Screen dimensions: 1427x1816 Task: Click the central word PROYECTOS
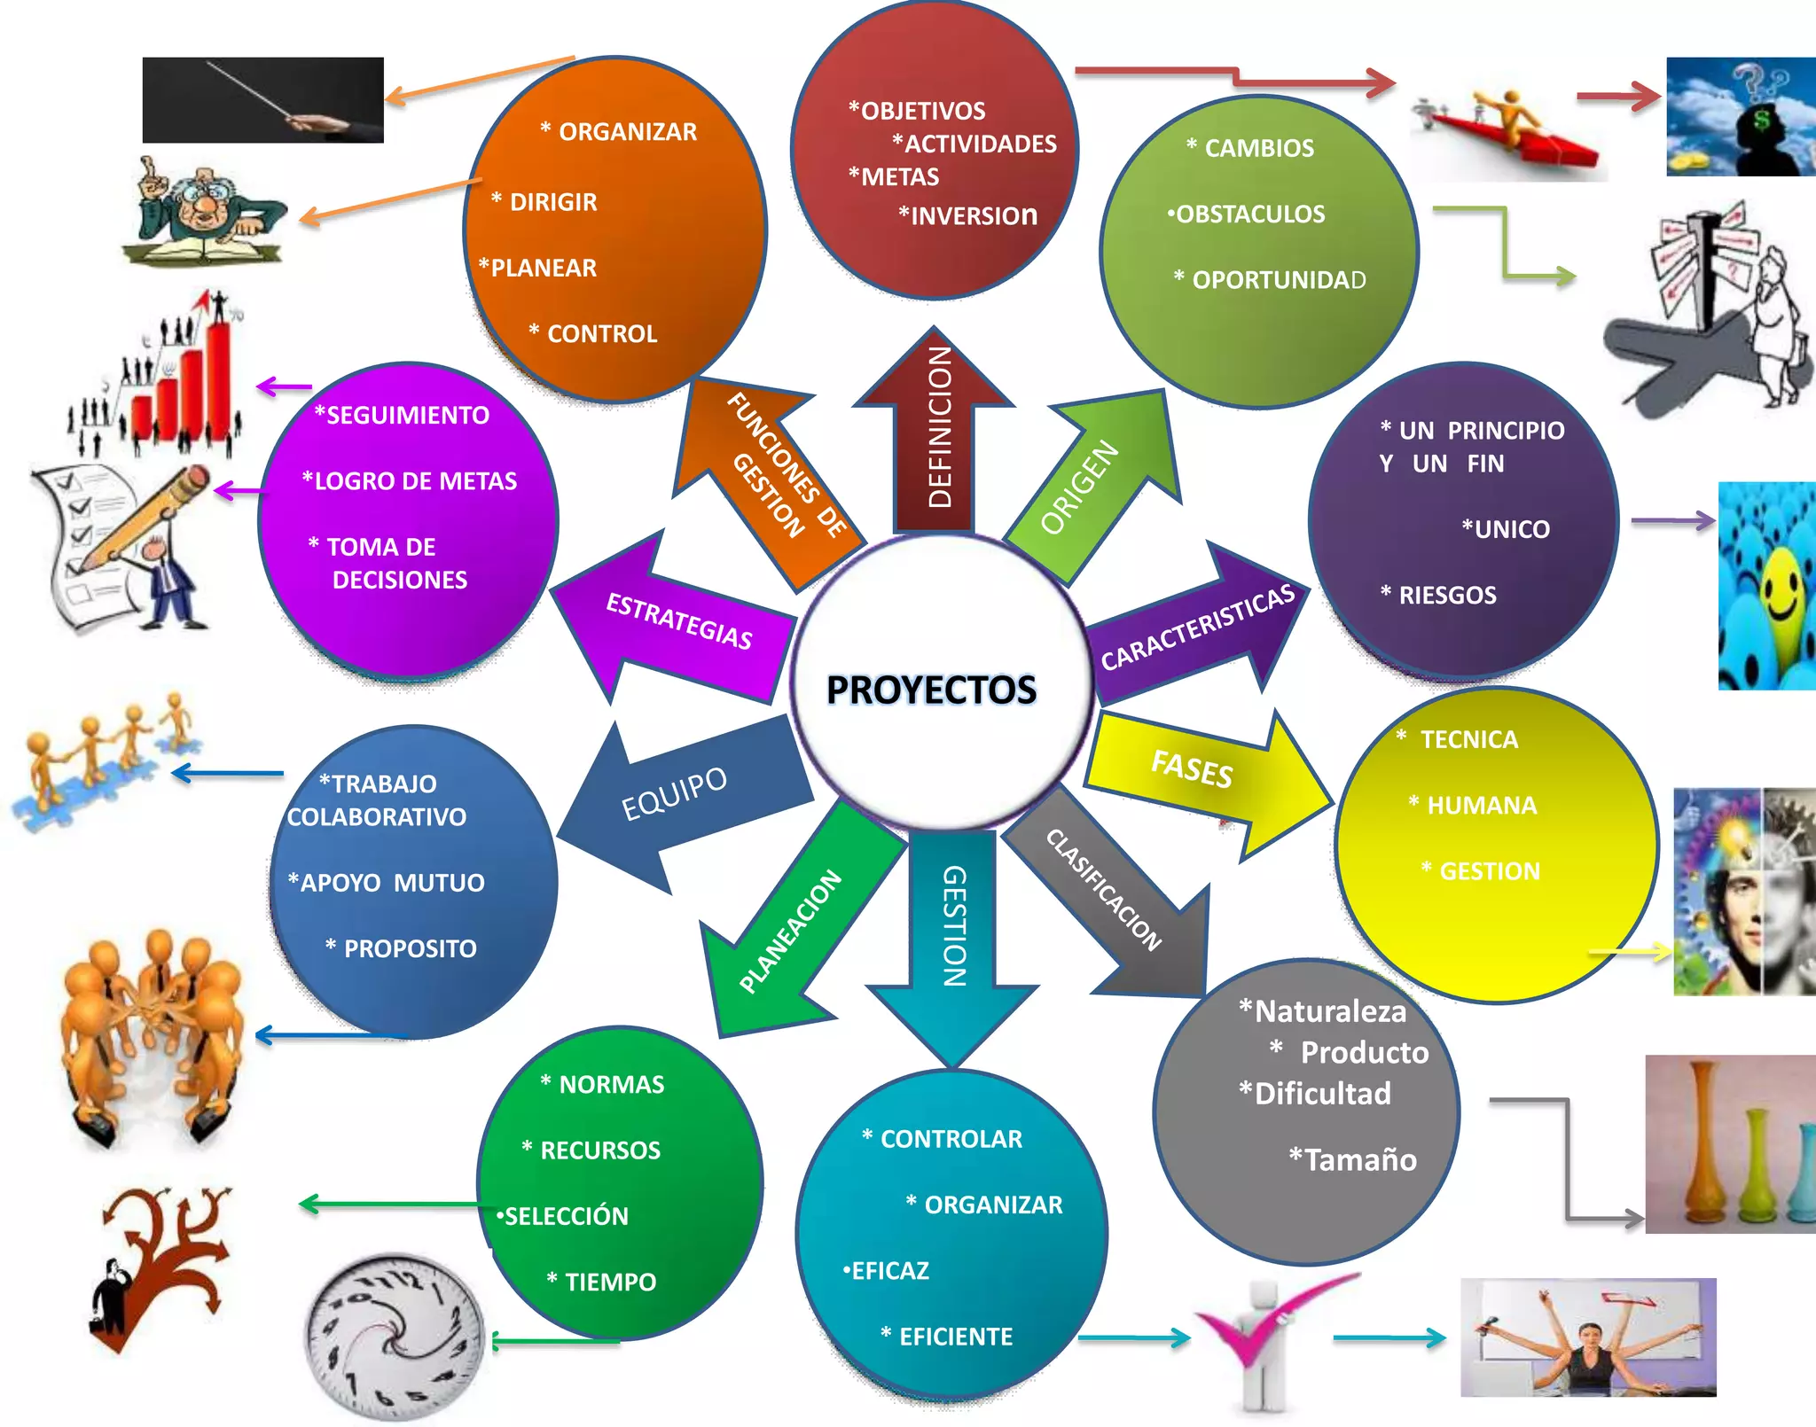point(931,690)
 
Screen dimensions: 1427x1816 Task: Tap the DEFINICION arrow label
point(939,427)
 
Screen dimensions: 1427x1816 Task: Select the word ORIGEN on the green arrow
point(1079,487)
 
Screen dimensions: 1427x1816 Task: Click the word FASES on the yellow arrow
point(1192,768)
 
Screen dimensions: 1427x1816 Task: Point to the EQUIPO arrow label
point(674,793)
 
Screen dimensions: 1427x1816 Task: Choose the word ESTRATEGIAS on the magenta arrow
point(679,620)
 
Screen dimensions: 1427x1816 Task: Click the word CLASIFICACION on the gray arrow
point(1104,889)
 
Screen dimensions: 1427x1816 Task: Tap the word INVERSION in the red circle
point(973,215)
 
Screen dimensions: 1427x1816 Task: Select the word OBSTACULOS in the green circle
point(1250,214)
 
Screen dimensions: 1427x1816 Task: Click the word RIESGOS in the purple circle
point(1447,595)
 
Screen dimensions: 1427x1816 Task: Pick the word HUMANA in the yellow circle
point(1482,805)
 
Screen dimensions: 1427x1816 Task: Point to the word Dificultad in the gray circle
point(1322,1094)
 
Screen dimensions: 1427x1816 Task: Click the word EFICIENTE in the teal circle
point(955,1337)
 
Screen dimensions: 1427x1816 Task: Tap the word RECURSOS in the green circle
point(600,1150)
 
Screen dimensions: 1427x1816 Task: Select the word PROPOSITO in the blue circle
point(410,948)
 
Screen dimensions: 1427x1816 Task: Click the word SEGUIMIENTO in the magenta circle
point(407,415)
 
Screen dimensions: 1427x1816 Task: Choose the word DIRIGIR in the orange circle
point(553,202)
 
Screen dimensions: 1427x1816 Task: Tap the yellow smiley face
point(1779,589)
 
